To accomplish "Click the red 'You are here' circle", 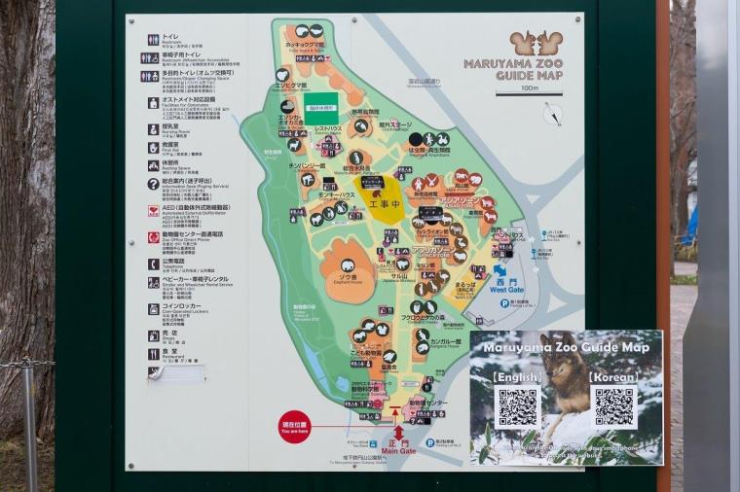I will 294,427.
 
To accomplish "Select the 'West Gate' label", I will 506,289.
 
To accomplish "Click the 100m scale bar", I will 529,93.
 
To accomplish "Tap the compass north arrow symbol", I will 553,115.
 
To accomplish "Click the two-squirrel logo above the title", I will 536,44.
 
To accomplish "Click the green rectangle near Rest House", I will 320,107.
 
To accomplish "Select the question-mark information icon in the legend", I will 153,184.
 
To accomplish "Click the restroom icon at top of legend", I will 153,40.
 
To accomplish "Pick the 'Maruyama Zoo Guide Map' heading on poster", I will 566,347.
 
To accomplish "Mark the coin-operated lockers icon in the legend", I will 153,309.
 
